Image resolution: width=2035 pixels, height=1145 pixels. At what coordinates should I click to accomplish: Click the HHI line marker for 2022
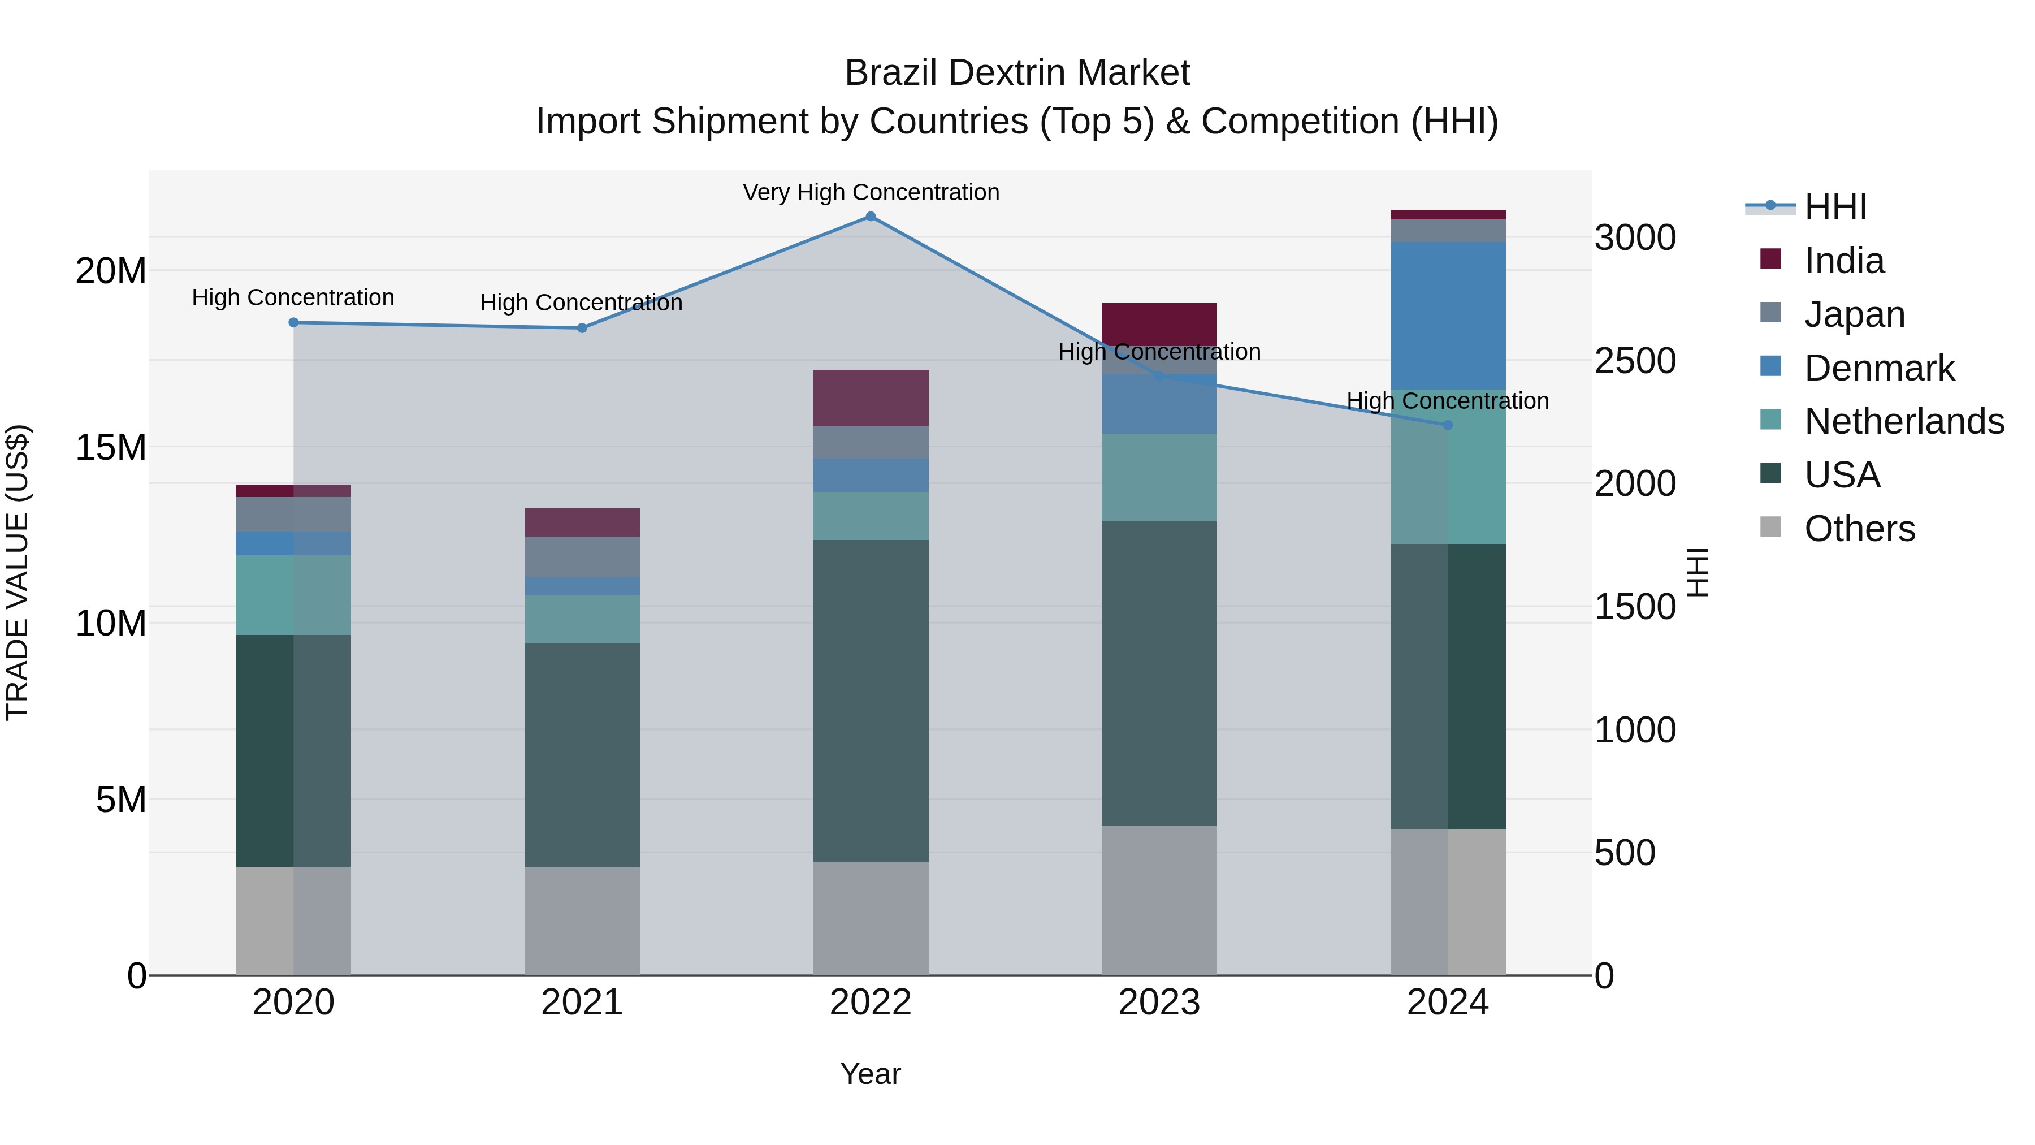point(871,217)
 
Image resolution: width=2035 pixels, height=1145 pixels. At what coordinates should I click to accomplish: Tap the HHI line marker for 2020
point(293,322)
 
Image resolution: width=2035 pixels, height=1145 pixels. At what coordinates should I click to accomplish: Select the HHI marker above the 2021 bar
point(582,328)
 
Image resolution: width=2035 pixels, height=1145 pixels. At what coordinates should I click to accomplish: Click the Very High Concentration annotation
point(871,193)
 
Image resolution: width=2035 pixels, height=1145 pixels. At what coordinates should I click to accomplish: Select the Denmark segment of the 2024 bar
point(1448,316)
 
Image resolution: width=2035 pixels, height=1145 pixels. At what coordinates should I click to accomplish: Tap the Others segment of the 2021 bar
point(582,921)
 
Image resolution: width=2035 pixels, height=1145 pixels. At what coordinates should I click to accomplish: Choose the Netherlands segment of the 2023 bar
point(1159,477)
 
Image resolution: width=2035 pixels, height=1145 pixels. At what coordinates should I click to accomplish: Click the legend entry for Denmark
point(1880,368)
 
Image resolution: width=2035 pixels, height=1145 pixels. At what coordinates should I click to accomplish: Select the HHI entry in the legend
point(1835,207)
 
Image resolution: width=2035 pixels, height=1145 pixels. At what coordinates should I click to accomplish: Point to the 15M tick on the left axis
point(111,448)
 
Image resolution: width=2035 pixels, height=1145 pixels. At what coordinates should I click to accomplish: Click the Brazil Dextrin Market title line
point(1017,74)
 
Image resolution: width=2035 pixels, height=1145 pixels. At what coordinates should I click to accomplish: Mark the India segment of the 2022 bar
point(871,397)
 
